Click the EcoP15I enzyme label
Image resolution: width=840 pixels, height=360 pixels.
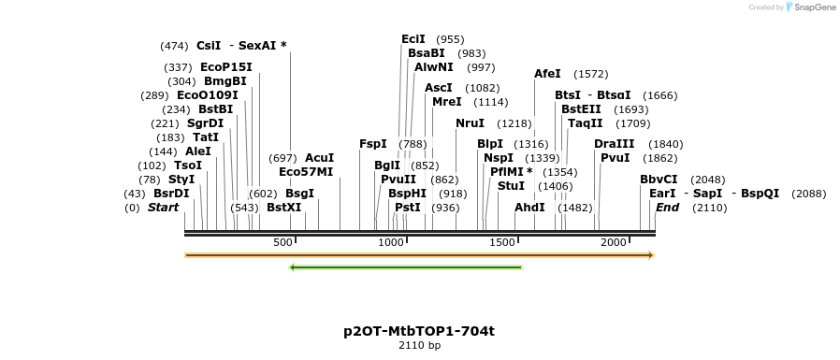click(x=226, y=67)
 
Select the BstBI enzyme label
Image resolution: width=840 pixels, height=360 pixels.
click(x=215, y=109)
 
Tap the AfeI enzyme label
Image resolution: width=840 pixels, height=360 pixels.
click(x=547, y=74)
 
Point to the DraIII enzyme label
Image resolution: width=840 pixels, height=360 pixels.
click(x=614, y=144)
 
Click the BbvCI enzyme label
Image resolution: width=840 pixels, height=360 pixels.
click(x=659, y=180)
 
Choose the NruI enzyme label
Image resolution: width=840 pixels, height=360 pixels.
click(x=470, y=123)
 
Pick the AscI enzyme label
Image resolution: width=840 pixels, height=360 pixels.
click(x=439, y=88)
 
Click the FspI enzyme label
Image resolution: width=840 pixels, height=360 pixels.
click(x=372, y=144)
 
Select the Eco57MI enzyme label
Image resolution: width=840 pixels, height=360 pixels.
click(x=306, y=172)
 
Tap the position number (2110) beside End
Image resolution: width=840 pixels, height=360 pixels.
click(x=709, y=208)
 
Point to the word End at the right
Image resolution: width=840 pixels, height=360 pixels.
click(x=667, y=208)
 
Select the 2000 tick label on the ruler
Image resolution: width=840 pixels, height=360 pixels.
click(x=614, y=243)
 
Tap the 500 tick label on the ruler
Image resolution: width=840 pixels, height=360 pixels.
click(x=283, y=243)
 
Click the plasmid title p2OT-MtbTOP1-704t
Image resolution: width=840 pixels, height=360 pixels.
click(x=419, y=331)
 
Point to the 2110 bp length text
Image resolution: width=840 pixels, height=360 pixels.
click(x=419, y=346)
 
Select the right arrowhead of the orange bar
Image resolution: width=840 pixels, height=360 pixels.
click(x=651, y=254)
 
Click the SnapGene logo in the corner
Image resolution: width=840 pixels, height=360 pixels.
click(x=810, y=7)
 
